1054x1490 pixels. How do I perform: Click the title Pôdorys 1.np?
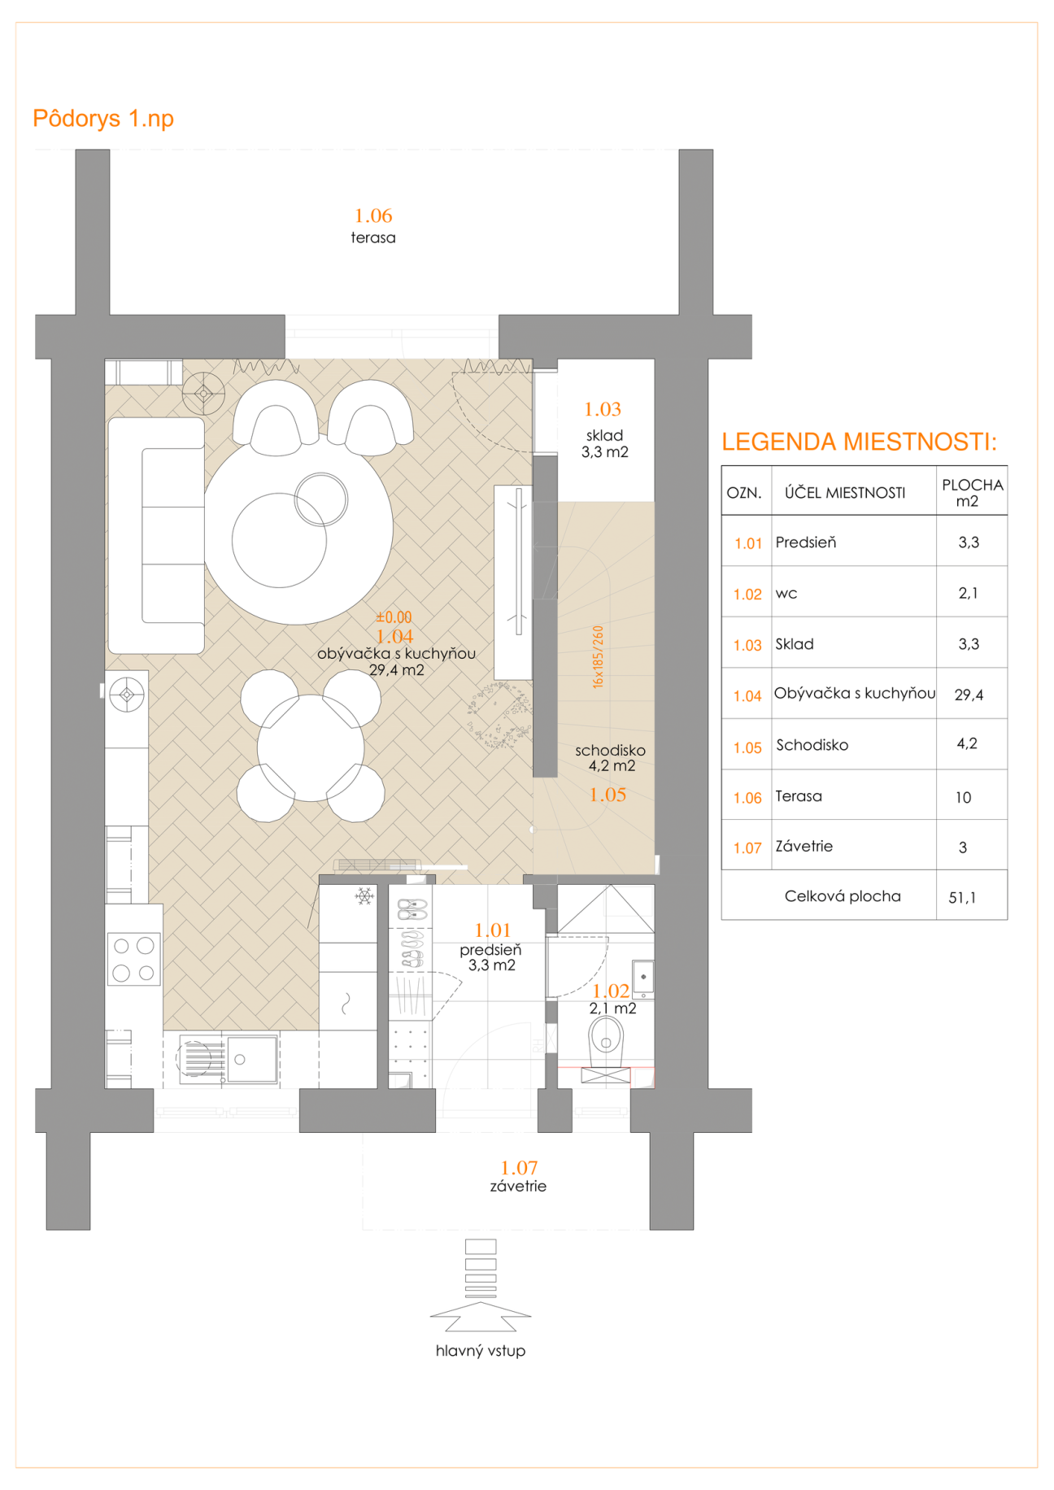point(103,119)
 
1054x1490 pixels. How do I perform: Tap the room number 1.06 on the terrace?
point(373,216)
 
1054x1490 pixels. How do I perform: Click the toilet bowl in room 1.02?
point(606,1040)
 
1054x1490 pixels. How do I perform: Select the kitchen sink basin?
point(251,1059)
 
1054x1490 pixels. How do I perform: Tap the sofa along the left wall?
point(156,535)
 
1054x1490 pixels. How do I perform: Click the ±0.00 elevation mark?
point(394,617)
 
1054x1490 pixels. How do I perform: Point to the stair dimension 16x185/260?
point(599,657)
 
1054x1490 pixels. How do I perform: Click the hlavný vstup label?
point(481,1351)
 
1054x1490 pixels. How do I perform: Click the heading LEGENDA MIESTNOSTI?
point(859,442)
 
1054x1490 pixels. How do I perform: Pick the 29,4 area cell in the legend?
point(969,695)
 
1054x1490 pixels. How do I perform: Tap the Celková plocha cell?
point(843,896)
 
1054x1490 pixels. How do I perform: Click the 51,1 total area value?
point(962,898)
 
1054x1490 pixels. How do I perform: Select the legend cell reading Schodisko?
point(812,745)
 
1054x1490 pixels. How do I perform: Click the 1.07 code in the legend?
point(747,848)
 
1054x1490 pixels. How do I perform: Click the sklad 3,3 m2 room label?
point(605,444)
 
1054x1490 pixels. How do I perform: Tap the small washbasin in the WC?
point(643,978)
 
